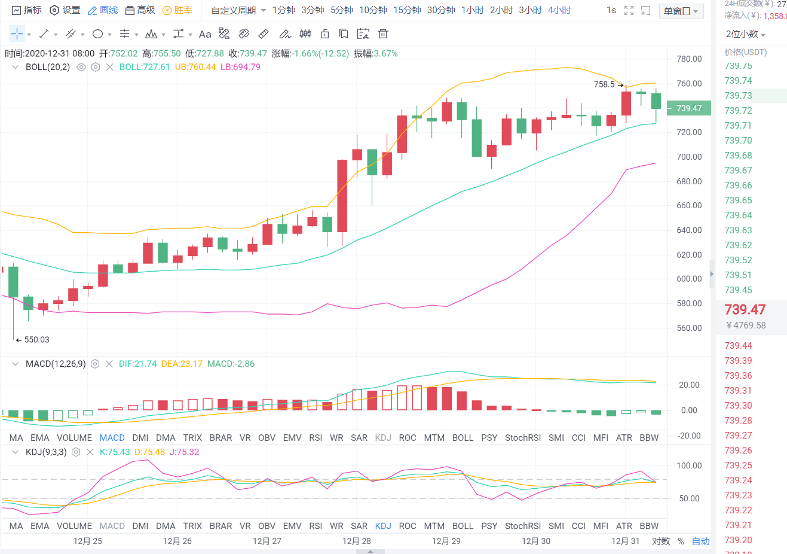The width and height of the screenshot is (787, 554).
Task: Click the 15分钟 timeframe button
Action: [x=407, y=10]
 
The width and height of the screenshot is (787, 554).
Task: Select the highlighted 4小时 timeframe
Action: [x=559, y=10]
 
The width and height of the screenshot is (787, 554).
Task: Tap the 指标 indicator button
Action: [x=27, y=10]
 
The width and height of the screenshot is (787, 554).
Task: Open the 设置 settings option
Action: [x=65, y=10]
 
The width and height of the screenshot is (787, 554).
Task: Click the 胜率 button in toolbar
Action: [x=177, y=10]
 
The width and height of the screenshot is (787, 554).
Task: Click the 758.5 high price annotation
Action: [x=604, y=84]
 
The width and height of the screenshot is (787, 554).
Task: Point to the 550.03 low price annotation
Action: [x=36, y=340]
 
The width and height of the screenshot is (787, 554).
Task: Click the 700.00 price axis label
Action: [x=689, y=157]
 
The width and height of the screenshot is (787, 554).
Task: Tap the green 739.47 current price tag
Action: [x=688, y=108]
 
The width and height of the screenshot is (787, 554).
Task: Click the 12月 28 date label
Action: [x=357, y=541]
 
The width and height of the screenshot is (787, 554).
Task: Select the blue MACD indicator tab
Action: [x=112, y=438]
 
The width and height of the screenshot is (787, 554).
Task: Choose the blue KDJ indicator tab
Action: [x=383, y=526]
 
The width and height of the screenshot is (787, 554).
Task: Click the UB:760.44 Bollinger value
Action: [x=195, y=67]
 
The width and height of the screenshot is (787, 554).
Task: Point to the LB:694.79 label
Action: [x=240, y=67]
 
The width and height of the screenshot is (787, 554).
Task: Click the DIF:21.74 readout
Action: [x=137, y=364]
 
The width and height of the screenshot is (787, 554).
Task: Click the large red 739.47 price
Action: [x=745, y=309]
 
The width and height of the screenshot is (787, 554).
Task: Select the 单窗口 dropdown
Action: [x=681, y=11]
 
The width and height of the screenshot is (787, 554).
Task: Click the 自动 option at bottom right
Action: [x=700, y=541]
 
